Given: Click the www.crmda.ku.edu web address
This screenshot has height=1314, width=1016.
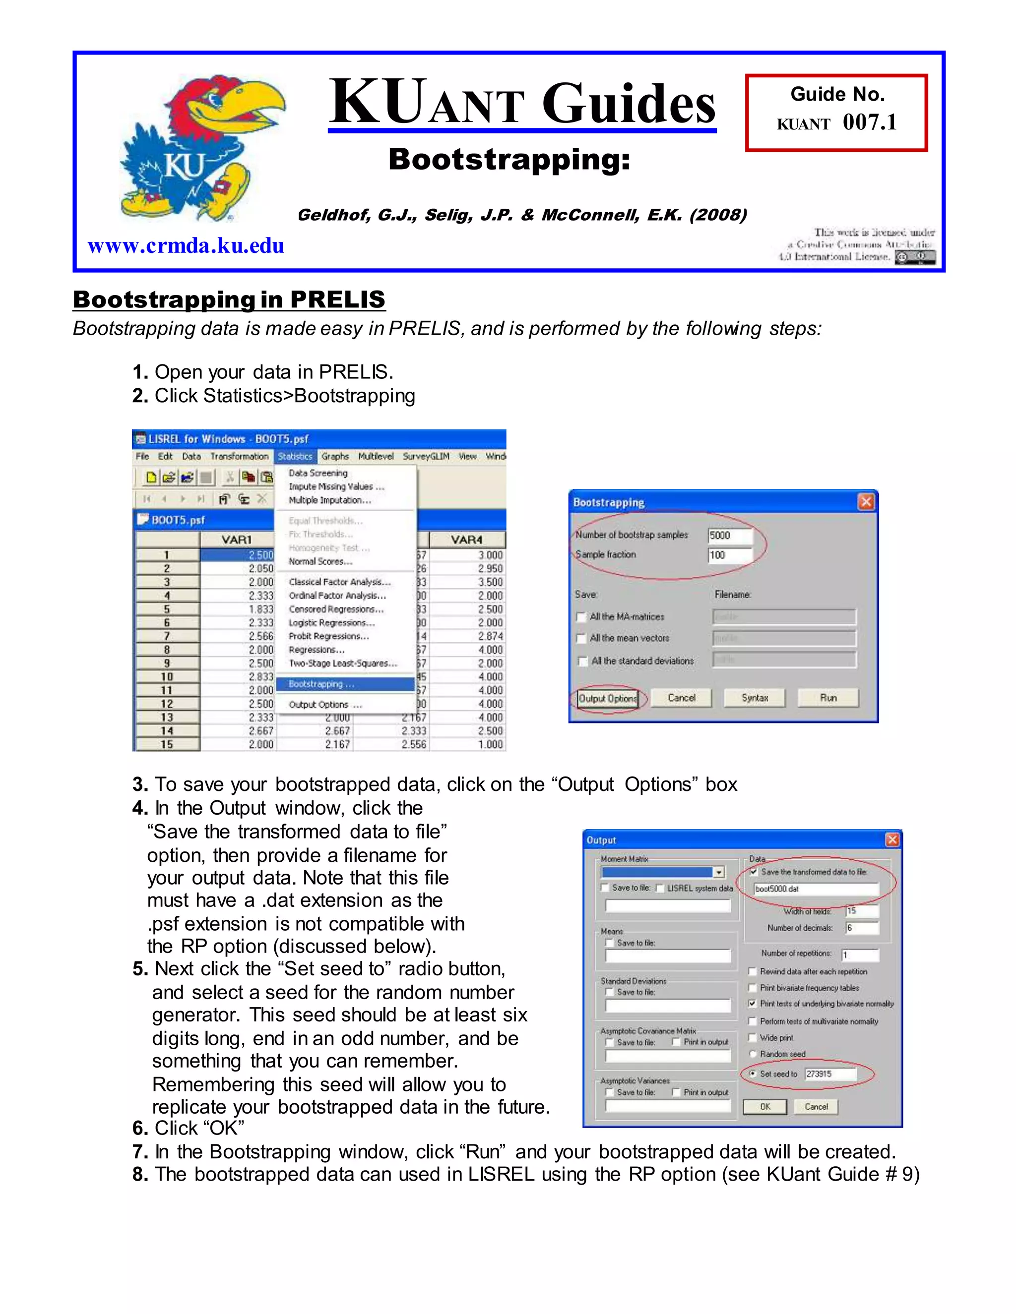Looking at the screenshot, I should click(186, 245).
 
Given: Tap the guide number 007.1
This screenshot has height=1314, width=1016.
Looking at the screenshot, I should click(869, 123).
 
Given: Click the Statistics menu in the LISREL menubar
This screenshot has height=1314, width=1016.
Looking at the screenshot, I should click(295, 457).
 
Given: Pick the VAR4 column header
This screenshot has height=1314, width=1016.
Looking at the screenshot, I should click(466, 539).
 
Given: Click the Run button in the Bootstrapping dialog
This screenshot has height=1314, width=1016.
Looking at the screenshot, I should click(827, 698).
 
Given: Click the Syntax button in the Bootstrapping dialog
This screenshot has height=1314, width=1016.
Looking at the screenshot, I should click(754, 698).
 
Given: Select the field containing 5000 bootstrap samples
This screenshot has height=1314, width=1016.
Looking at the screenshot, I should click(729, 536).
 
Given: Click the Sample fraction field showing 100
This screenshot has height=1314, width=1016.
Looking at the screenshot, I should click(729, 555).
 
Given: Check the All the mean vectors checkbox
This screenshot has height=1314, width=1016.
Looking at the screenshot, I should click(581, 638).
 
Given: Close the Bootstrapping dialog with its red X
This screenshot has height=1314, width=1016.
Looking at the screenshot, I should click(866, 502).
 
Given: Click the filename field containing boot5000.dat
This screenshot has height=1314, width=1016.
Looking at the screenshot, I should click(816, 889).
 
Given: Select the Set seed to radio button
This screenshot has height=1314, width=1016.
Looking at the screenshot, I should click(753, 1074).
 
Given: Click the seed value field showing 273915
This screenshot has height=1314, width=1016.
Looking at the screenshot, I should click(829, 1074).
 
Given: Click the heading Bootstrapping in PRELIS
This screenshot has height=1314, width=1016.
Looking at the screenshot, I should click(229, 299).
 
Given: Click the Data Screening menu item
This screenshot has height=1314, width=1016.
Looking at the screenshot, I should click(318, 473).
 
